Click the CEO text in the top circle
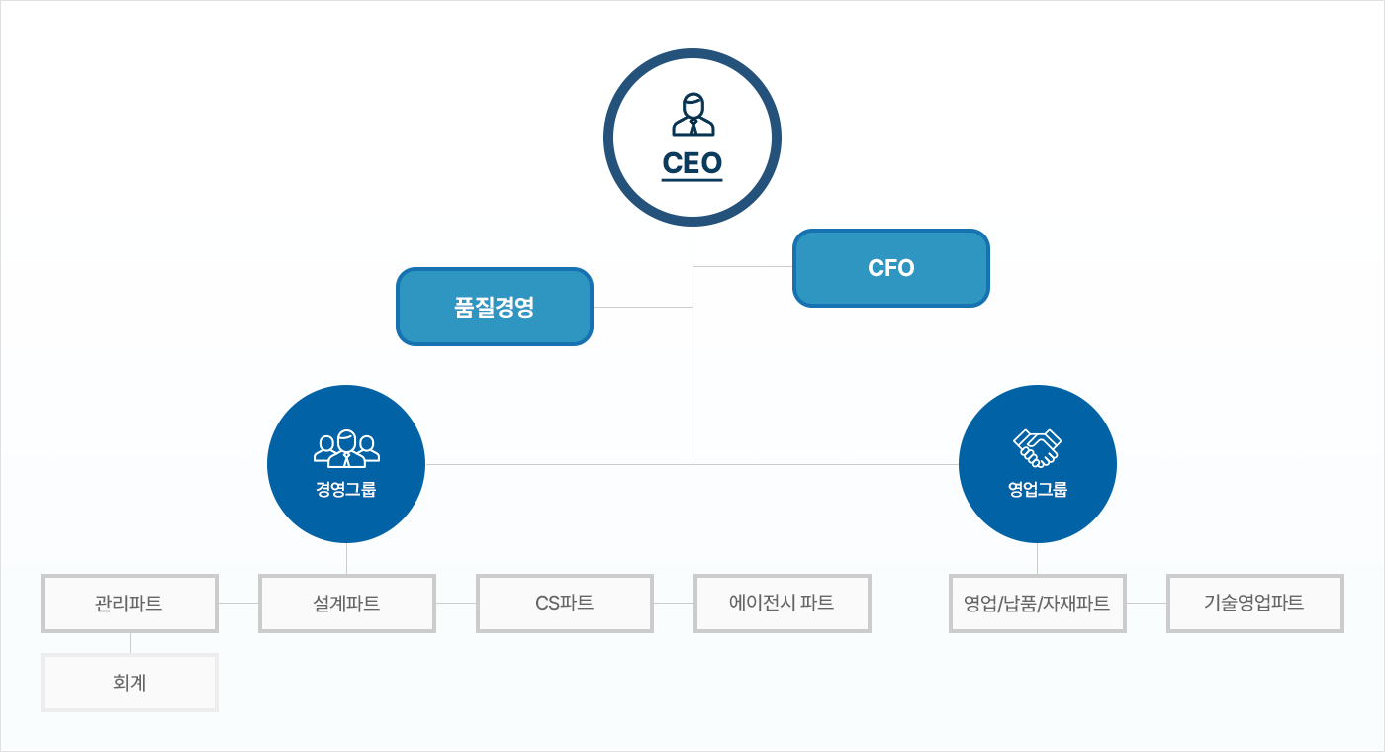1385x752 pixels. coord(692,162)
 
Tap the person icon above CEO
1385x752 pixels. coord(692,115)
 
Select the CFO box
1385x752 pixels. coord(890,268)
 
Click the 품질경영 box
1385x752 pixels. coord(494,307)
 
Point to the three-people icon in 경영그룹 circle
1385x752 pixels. coord(346,448)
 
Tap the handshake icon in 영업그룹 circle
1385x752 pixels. coord(1037,447)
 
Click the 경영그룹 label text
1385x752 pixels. coord(346,489)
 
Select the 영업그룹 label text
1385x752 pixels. coord(1037,489)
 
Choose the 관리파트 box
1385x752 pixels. coord(130,603)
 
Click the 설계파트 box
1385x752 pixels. coord(346,603)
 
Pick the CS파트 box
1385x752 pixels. coord(564,603)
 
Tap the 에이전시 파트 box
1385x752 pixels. coord(782,603)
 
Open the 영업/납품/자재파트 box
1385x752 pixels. coord(1037,603)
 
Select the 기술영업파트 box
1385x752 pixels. coord(1254,603)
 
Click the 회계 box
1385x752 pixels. coord(130,682)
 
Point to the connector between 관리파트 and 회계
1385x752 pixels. coord(130,643)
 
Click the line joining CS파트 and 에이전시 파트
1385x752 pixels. coord(674,603)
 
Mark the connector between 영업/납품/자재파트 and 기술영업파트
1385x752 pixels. coord(1147,603)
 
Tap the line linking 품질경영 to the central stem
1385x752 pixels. coord(643,307)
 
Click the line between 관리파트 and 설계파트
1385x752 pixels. coord(238,603)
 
